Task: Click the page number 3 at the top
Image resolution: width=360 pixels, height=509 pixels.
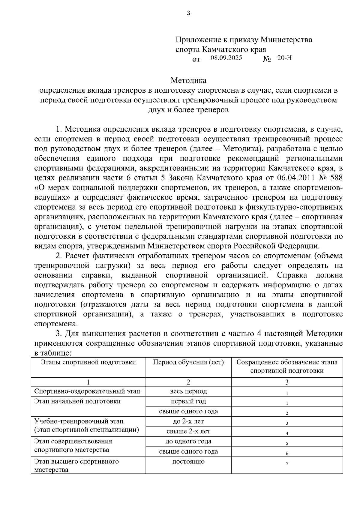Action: (x=188, y=13)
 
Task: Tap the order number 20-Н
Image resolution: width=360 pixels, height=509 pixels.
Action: (x=284, y=58)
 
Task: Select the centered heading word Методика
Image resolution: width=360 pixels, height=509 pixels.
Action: (x=188, y=80)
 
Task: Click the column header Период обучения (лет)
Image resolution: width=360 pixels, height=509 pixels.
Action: (x=188, y=362)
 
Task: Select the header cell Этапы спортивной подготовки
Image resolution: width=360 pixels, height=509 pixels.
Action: (x=88, y=362)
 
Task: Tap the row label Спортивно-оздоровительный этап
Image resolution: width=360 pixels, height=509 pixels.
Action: (x=87, y=391)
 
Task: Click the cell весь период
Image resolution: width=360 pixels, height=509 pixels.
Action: (x=188, y=391)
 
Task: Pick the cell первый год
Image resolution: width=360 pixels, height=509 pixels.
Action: (x=188, y=401)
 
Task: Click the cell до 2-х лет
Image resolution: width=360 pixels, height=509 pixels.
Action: (x=188, y=421)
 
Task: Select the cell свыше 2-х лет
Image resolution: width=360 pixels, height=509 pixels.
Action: (x=188, y=431)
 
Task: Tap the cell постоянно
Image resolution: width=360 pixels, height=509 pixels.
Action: (x=188, y=462)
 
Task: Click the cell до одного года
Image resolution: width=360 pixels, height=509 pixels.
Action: (x=188, y=442)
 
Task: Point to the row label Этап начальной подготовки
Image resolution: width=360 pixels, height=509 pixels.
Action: (x=77, y=401)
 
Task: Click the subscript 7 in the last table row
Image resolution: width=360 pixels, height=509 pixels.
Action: (x=287, y=464)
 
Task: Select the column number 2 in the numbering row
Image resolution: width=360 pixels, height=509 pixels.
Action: (x=188, y=382)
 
